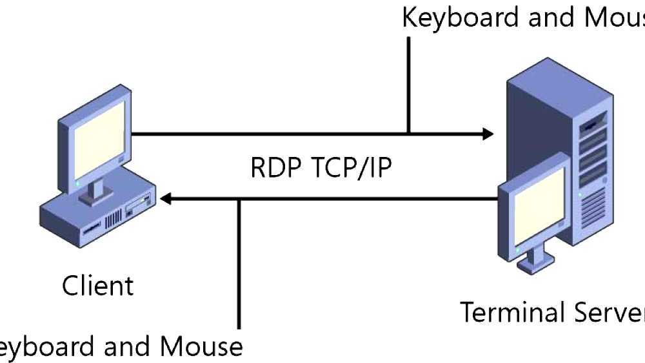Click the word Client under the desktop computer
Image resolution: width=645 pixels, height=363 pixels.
coord(97,285)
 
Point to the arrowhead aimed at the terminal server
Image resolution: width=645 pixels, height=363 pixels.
coord(486,134)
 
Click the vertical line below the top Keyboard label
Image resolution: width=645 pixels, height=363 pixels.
coord(409,84)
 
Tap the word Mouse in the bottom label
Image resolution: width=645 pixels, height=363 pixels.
coord(201,347)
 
